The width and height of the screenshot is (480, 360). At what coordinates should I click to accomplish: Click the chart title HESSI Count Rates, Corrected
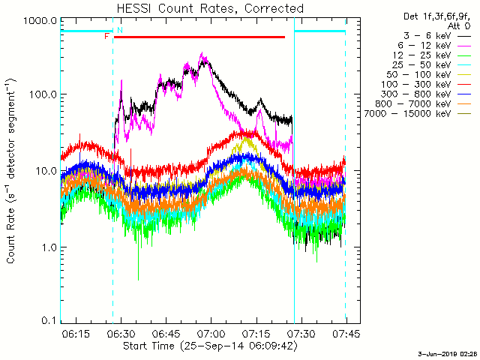click(199, 8)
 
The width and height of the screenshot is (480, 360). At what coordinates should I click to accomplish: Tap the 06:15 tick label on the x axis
click(76, 333)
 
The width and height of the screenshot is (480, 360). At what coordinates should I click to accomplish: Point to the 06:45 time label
click(166, 333)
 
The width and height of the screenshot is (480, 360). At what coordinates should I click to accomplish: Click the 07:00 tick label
click(211, 333)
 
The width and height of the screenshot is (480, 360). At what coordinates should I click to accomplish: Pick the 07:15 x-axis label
click(256, 333)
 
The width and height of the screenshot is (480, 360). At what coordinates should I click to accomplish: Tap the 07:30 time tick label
click(301, 333)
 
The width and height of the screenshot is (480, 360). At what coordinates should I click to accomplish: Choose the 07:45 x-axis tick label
click(344, 333)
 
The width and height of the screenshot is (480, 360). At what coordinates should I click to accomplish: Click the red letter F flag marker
click(106, 36)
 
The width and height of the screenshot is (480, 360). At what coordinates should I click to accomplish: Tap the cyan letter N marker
click(119, 30)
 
